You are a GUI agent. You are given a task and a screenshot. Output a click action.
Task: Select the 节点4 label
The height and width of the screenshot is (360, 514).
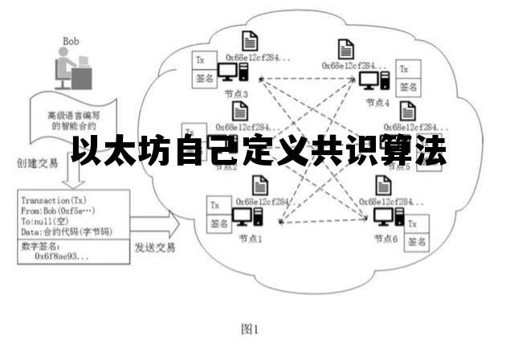377,103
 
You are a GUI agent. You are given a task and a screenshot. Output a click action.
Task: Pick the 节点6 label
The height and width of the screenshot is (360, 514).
385,239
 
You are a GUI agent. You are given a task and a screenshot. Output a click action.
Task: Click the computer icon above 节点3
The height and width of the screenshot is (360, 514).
235,75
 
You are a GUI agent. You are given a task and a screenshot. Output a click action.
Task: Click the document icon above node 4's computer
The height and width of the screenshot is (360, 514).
346,47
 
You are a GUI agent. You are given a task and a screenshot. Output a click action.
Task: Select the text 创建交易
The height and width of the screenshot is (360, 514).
36,163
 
